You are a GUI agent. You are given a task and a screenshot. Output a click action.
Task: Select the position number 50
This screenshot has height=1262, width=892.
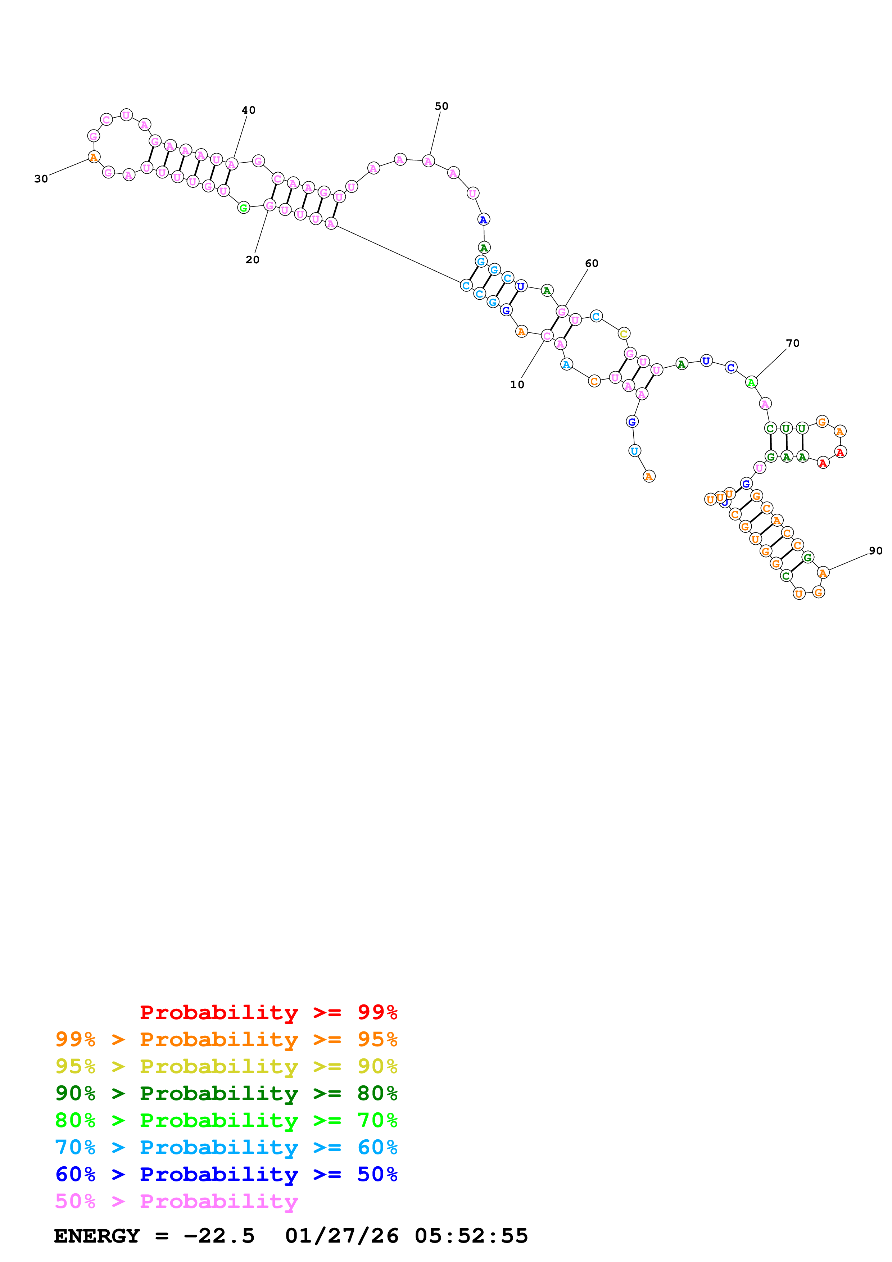442,106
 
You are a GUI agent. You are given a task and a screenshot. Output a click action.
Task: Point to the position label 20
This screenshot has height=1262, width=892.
252,260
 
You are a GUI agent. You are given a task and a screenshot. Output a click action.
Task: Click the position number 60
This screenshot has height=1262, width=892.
592,263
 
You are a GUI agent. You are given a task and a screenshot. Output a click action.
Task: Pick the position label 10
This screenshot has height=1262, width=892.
517,385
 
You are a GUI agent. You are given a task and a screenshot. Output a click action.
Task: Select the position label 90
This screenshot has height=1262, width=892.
875,551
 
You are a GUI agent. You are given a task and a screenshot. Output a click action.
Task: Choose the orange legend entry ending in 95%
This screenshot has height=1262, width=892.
226,1039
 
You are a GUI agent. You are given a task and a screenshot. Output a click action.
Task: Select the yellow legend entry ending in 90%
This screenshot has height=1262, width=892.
226,1066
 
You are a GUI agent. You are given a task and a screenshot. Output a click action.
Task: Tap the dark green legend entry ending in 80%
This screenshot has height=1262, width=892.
226,1093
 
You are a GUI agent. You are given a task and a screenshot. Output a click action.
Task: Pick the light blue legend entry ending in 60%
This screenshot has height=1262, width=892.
226,1147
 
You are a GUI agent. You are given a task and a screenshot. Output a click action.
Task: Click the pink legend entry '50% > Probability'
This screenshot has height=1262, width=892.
176,1201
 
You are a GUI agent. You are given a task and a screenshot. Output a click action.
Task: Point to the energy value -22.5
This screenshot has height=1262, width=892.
219,1236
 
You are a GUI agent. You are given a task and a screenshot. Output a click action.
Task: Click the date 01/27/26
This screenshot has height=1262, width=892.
341,1236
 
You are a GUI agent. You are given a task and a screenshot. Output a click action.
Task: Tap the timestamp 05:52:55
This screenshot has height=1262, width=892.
471,1236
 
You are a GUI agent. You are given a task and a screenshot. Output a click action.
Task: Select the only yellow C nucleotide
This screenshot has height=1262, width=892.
623,333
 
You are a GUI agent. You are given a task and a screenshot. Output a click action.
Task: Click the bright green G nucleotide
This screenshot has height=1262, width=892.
244,208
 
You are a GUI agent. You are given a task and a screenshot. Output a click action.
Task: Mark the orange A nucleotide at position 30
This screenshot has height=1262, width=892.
94,157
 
